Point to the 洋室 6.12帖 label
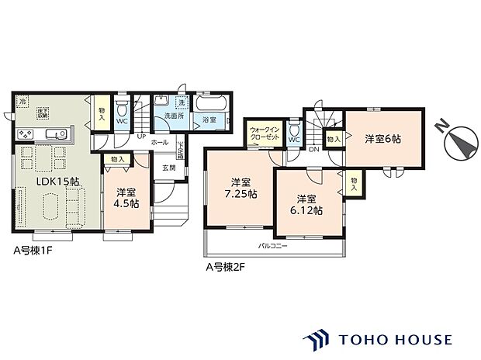[x=304, y=204]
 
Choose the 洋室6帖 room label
[x=382, y=138]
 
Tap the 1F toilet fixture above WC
[x=121, y=106]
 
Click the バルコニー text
[x=273, y=246]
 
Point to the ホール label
[x=160, y=143]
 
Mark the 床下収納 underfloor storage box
[x=44, y=113]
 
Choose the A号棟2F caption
[x=226, y=268]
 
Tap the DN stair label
[x=314, y=149]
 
